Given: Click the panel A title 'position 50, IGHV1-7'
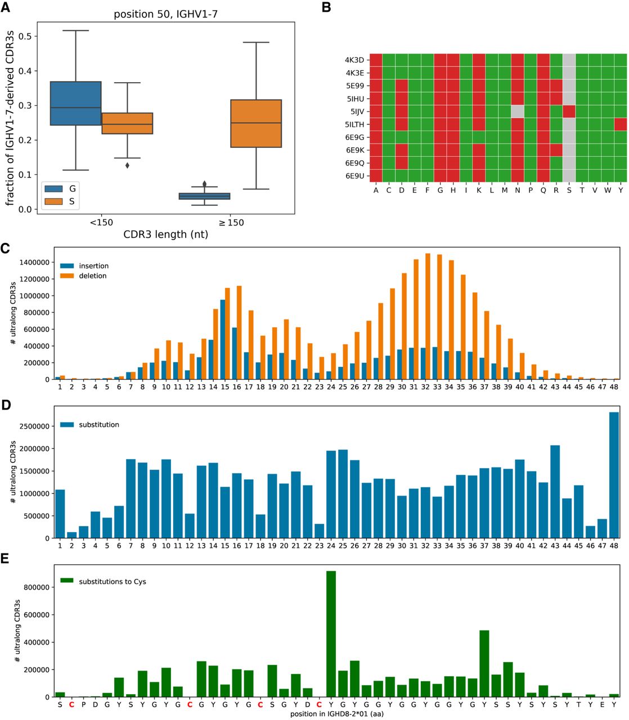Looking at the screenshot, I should click(x=165, y=14).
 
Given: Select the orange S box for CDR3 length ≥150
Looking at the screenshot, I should click(x=256, y=124).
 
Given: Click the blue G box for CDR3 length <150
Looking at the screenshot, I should click(x=75, y=103).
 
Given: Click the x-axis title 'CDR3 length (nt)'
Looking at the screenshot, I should click(x=165, y=235).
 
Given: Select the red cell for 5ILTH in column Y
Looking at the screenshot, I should click(x=621, y=124).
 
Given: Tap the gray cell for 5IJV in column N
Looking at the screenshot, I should click(x=517, y=111).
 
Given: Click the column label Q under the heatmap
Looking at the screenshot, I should click(x=543, y=190).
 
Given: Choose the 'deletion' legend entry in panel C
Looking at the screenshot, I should click(x=92, y=276).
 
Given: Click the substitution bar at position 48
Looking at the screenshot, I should click(x=614, y=475).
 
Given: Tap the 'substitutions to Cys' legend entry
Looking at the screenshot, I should click(x=112, y=582).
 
